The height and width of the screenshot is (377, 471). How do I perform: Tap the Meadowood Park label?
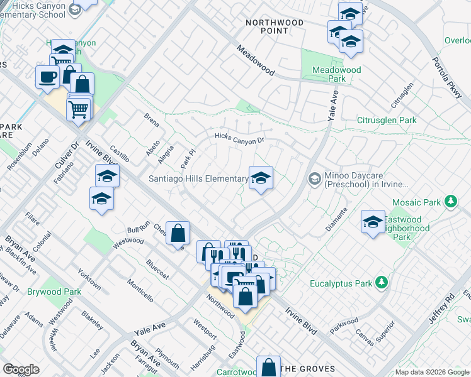[x=337, y=75]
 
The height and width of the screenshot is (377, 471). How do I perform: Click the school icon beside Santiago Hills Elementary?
[x=261, y=179]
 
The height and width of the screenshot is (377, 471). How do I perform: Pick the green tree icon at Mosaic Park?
[x=450, y=202]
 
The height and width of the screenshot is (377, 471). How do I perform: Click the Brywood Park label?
[x=54, y=292]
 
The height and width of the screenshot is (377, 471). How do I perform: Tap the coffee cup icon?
[x=47, y=77]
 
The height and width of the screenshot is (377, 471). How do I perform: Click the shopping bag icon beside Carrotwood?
[x=268, y=368]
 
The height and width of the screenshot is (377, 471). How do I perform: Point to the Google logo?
[x=21, y=369]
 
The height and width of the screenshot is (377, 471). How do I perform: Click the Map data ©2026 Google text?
[x=432, y=372]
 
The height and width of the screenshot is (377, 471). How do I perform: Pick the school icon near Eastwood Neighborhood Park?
[x=373, y=222]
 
